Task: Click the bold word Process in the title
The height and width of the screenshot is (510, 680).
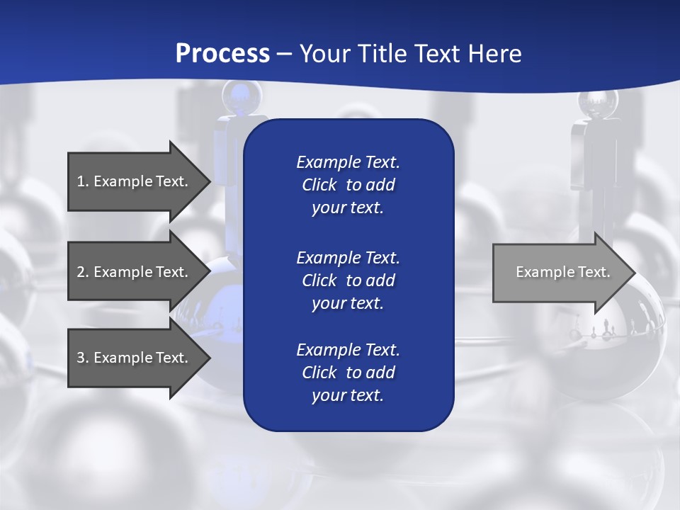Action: (x=222, y=54)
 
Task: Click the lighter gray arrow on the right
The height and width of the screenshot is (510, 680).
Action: (x=560, y=272)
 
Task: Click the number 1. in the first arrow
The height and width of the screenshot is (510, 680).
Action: (x=82, y=181)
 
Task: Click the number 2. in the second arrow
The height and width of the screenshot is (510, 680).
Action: (x=82, y=272)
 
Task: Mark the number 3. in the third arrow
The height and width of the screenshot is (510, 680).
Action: (x=82, y=358)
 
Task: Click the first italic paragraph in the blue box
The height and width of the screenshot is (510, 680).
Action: (x=348, y=185)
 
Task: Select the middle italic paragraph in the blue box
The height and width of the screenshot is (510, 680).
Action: (x=348, y=280)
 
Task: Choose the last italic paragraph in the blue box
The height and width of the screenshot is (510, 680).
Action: (x=348, y=373)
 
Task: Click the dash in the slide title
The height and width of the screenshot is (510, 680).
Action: (x=284, y=54)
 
